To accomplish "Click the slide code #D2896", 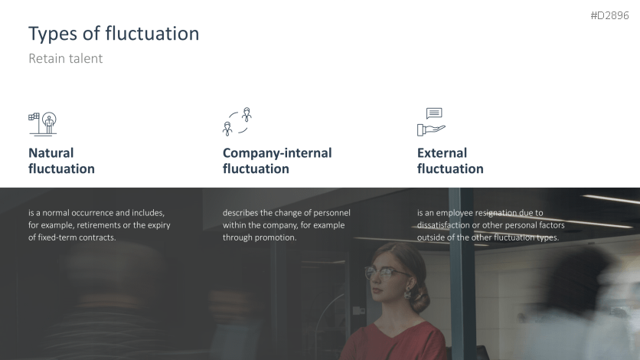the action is pyautogui.click(x=609, y=15).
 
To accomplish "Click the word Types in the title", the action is pyautogui.click(x=53, y=34).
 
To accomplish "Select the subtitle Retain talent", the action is pyautogui.click(x=65, y=58).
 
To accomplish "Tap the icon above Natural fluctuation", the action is pyautogui.click(x=42, y=123).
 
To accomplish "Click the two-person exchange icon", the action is pyautogui.click(x=237, y=122).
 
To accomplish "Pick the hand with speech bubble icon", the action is pyautogui.click(x=431, y=122).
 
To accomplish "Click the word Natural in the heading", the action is pyautogui.click(x=51, y=153).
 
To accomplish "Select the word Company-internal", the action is pyautogui.click(x=277, y=153).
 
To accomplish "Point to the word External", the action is pyautogui.click(x=442, y=153).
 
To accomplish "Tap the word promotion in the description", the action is pyautogui.click(x=276, y=237).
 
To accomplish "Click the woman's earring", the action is pyautogui.click(x=407, y=293).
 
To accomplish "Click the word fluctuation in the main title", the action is pyautogui.click(x=152, y=34).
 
